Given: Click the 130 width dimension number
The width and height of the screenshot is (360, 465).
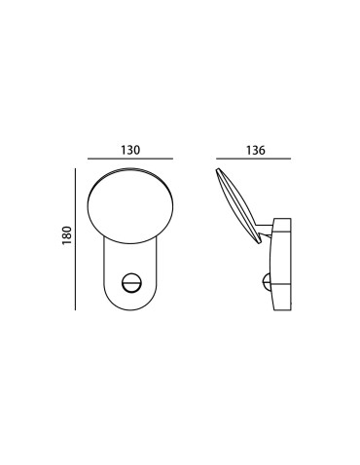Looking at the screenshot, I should (x=131, y=150).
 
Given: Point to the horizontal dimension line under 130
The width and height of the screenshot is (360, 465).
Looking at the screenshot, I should (x=130, y=160).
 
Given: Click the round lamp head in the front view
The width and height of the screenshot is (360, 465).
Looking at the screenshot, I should (x=130, y=203).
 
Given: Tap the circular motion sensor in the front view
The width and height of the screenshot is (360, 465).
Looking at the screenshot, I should (x=131, y=282).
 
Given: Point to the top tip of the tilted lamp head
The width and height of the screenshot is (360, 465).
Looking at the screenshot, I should (x=216, y=170).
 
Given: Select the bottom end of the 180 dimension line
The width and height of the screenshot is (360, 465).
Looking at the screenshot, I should (x=75, y=310).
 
